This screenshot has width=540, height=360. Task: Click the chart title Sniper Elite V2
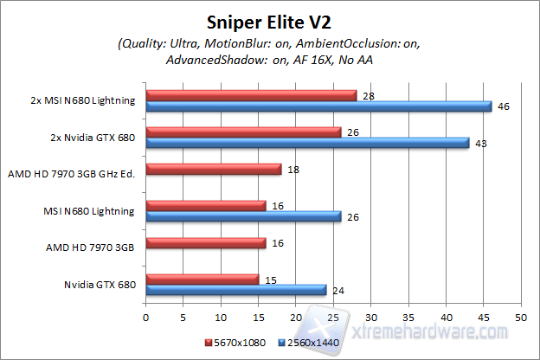(x=269, y=22)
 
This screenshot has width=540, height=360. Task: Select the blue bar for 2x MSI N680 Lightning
(x=318, y=106)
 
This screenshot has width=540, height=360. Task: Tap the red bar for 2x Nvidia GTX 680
(x=244, y=132)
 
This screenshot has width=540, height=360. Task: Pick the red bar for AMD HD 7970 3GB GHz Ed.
(x=214, y=170)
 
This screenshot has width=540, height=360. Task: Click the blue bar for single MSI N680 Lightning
(x=244, y=216)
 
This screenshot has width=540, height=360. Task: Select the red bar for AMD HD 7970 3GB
(x=206, y=244)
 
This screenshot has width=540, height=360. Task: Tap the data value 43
(x=482, y=144)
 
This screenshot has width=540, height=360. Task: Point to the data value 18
(x=294, y=170)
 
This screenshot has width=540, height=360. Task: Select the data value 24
(x=339, y=291)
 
